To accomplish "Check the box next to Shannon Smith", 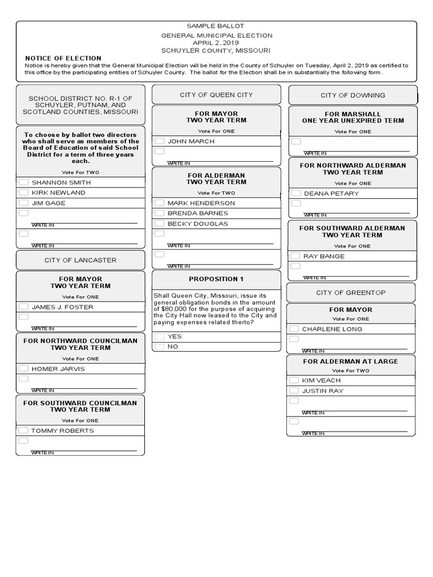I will tap(24, 182).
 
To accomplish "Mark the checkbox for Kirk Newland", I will tap(24, 192).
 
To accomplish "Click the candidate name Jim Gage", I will tap(48, 203).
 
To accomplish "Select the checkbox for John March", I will tap(160, 141).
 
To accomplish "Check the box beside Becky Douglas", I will tap(160, 223).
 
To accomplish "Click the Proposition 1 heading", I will tap(216, 279).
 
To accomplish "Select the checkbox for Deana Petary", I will tap(295, 193).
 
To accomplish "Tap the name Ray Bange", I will tap(324, 256).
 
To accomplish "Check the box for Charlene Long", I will tap(294, 329).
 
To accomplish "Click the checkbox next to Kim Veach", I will tap(294, 380).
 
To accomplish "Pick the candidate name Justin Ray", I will tap(322, 390).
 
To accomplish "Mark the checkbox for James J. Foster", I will tap(24, 307).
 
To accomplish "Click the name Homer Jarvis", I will tap(58, 369).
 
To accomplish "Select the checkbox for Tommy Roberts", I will tap(24, 430).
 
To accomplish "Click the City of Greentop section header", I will tap(351, 292).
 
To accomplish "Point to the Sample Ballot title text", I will tap(216, 26).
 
